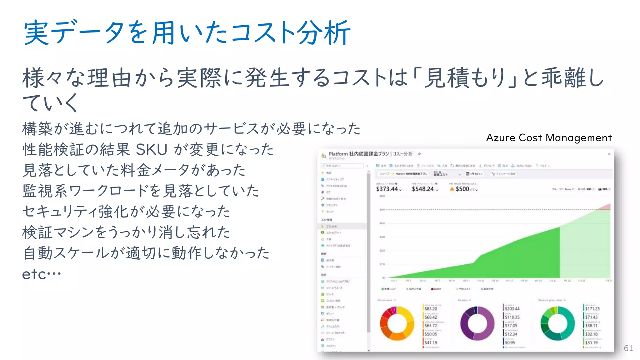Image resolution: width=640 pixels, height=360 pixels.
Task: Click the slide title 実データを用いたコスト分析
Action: click(x=187, y=32)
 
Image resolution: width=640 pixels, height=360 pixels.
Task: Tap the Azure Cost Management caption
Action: click(x=549, y=138)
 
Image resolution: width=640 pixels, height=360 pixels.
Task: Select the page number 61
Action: click(x=628, y=348)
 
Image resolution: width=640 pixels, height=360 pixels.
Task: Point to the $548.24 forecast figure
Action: click(x=423, y=189)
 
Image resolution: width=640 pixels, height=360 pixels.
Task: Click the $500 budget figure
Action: click(x=462, y=189)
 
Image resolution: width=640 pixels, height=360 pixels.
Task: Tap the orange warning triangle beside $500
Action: click(x=452, y=189)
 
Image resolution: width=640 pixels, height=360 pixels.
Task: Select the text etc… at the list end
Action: click(x=41, y=274)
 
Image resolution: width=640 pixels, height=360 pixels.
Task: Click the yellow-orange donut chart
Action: click(x=397, y=323)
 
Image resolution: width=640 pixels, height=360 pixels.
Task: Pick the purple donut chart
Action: click(x=477, y=323)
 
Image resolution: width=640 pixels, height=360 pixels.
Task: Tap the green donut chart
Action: click(x=557, y=323)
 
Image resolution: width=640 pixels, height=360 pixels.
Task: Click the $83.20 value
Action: click(x=431, y=309)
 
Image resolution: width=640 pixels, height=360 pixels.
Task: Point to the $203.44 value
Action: click(x=512, y=309)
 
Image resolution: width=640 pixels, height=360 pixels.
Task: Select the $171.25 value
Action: click(x=592, y=309)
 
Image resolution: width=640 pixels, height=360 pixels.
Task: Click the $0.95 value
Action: click(x=510, y=342)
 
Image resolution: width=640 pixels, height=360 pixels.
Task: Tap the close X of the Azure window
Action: click(x=609, y=154)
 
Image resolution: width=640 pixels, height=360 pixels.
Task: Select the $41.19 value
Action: click(x=431, y=342)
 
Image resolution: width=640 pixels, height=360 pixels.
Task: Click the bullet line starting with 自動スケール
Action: click(x=146, y=253)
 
